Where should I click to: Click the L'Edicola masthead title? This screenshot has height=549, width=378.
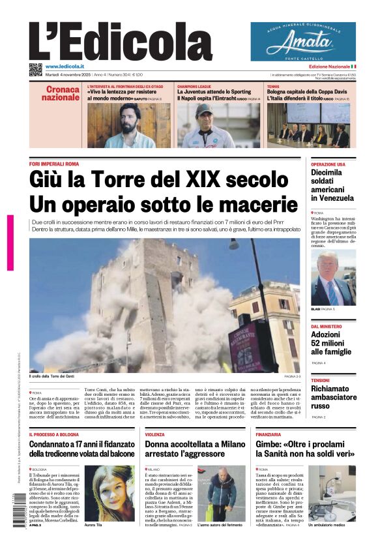click(x=121, y=41)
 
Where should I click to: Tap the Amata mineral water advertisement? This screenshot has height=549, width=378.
click(x=303, y=41)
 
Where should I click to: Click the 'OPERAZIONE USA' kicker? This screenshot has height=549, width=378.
click(x=328, y=164)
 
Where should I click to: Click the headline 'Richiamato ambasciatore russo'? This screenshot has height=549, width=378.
click(x=333, y=397)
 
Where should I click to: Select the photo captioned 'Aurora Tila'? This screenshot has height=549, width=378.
click(x=109, y=494)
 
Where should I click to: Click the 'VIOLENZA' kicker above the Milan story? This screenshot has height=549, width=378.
click(x=155, y=434)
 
